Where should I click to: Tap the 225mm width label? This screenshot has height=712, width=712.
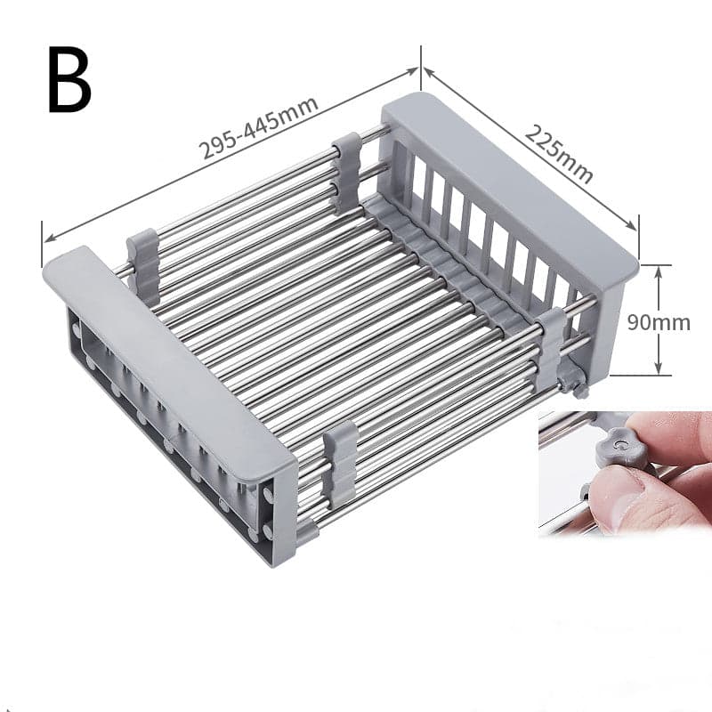coord(558,152)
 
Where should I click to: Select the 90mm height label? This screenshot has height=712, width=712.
coord(659,321)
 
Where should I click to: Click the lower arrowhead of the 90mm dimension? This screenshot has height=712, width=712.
coord(659,369)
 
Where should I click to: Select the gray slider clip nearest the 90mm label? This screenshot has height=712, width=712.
coord(550,347)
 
